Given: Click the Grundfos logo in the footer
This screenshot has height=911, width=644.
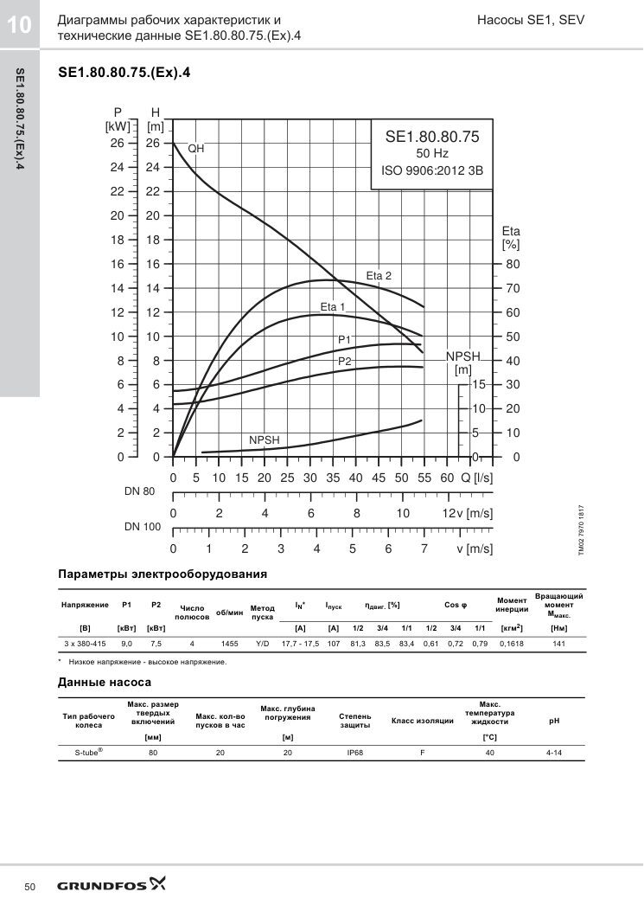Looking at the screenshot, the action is tap(111, 885).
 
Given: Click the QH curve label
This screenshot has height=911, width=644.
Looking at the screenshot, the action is tap(196, 149).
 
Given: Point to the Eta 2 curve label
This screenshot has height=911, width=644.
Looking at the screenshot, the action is tap(379, 276).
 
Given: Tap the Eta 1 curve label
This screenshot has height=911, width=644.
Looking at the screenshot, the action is tap(333, 307).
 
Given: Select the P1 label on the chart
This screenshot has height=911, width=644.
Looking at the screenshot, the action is tap(345, 340).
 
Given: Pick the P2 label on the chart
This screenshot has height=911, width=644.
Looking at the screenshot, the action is tap(345, 362).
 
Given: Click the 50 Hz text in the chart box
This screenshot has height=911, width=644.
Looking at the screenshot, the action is tap(432, 153).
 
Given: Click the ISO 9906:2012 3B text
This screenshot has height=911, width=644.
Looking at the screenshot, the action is tap(432, 170).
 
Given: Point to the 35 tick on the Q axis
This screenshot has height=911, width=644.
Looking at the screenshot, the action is tap(333, 478).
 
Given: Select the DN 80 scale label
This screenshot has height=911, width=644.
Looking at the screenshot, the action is tap(139, 491).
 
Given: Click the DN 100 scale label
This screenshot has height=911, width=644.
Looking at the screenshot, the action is tap(143, 527).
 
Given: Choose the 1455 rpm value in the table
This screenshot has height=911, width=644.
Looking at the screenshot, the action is tap(229, 644).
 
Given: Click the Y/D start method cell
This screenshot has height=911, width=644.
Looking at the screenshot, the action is tap(263, 644).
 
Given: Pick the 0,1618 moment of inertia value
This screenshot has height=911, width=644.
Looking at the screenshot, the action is tap(512, 644).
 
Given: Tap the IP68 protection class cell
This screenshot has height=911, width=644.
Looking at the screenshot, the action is tap(354, 753).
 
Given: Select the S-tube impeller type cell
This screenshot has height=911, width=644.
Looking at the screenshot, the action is tap(89, 752).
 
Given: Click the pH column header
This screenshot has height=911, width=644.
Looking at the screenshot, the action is tap(554, 721).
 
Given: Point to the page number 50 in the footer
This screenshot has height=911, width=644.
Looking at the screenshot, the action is tap(29, 887).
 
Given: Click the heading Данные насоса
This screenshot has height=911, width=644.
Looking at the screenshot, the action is tap(105, 682).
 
